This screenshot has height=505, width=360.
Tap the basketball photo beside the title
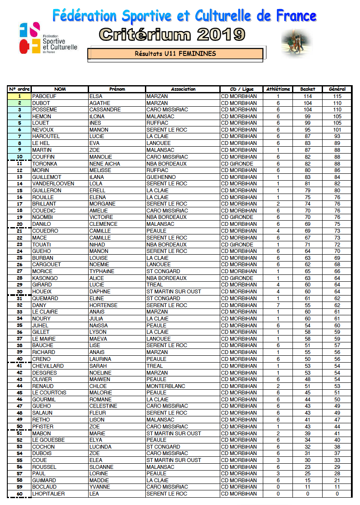tap(296, 43)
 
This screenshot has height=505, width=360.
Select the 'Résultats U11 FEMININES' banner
tap(175, 54)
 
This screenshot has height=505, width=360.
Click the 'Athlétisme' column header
tap(278, 89)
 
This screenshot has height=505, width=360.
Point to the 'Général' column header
tap(337, 89)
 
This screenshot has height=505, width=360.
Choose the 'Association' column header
tap(183, 89)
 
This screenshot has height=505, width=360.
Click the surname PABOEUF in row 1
tap(44, 96)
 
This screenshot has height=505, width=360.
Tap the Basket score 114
tap(308, 96)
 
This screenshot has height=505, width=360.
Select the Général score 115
tap(337, 96)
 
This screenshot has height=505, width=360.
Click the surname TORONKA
tap(44, 163)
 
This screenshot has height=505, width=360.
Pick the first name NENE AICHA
tap(105, 163)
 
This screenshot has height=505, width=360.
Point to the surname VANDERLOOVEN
tap(53, 184)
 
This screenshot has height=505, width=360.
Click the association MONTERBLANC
tap(166, 386)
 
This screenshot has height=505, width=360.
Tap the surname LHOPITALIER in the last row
tap(48, 494)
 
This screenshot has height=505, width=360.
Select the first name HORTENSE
tap(103, 305)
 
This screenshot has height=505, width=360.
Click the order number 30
tap(20, 292)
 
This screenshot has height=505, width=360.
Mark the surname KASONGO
tap(44, 278)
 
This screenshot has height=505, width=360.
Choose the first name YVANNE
tap(99, 487)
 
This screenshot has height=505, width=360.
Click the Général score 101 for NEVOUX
tap(337, 130)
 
